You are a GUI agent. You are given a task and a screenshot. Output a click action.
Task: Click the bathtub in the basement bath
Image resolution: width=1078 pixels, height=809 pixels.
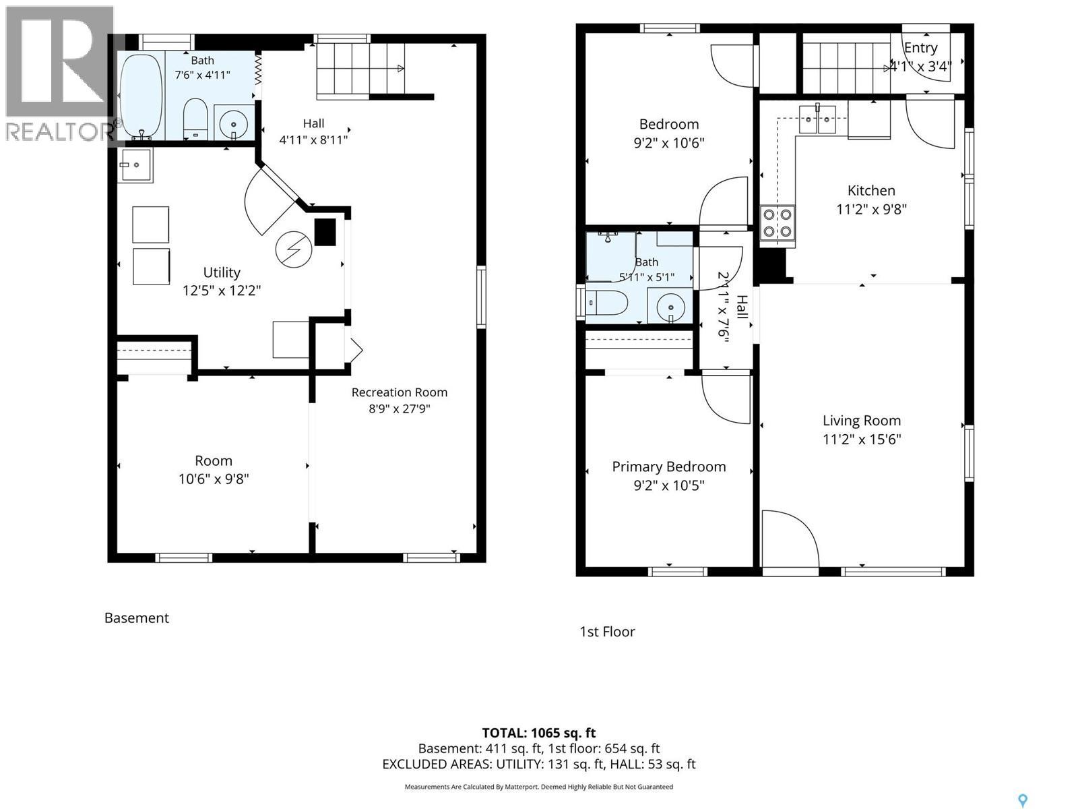(140, 96)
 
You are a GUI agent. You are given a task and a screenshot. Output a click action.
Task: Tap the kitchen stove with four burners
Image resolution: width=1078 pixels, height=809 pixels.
(778, 222)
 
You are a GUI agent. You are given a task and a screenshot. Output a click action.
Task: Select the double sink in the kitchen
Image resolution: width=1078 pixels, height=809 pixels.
(817, 119)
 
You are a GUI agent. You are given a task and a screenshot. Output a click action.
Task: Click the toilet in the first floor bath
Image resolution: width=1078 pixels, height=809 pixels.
(607, 303)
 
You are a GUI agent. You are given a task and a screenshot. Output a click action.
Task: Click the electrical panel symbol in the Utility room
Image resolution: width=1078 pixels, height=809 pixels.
(293, 249)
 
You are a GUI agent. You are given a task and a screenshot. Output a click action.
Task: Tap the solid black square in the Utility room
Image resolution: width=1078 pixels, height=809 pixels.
(325, 232)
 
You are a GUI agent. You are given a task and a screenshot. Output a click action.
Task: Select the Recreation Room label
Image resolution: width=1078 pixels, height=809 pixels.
(400, 392)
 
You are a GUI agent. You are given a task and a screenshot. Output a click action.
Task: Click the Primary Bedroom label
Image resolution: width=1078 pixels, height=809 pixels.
(669, 467)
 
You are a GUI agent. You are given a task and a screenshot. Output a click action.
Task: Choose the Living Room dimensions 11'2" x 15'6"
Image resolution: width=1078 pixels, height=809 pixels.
(862, 439)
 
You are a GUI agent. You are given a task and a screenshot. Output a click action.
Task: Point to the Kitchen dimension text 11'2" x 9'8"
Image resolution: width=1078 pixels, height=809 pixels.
(871, 209)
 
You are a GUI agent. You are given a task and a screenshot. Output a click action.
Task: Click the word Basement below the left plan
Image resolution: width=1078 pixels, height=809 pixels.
(137, 618)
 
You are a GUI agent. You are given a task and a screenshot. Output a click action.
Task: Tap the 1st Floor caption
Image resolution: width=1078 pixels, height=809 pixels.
(608, 632)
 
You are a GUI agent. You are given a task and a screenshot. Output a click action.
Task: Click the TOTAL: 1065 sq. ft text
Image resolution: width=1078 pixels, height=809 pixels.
(539, 733)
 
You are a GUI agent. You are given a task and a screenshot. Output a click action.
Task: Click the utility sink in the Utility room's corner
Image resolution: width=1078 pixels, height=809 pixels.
(135, 165)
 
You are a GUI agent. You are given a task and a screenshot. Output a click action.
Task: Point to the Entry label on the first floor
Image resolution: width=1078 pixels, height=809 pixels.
(921, 48)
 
